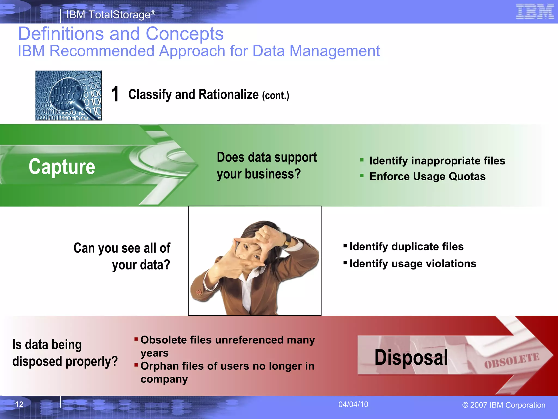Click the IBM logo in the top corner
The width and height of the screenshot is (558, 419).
(x=535, y=11)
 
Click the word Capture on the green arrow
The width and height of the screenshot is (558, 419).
(x=62, y=167)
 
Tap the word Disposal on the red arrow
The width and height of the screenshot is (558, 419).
(x=411, y=357)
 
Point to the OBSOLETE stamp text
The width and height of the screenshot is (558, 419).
(x=512, y=361)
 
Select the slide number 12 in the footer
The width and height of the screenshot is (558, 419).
(x=19, y=404)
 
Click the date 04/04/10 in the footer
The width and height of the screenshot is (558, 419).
(x=353, y=404)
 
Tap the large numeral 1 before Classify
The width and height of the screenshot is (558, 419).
(x=115, y=94)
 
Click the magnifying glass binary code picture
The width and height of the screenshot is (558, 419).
(x=68, y=95)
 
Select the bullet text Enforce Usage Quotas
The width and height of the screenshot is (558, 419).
(x=427, y=176)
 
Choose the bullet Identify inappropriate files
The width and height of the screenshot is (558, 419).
(x=437, y=161)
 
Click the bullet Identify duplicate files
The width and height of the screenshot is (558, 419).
(x=407, y=247)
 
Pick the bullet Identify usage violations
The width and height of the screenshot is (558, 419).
(x=413, y=264)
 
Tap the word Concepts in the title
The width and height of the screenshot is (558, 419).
(x=184, y=34)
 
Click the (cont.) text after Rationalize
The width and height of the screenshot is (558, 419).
(x=275, y=95)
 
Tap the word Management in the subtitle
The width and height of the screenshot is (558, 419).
(x=334, y=51)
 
